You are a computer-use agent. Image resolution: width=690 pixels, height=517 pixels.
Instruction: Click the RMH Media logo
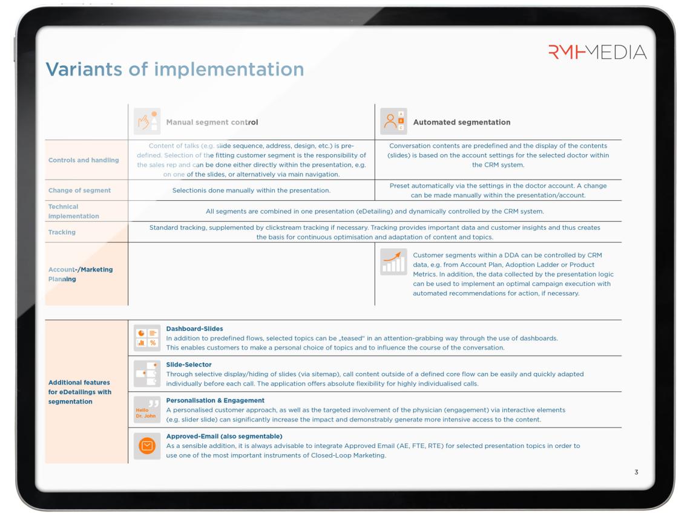(597, 53)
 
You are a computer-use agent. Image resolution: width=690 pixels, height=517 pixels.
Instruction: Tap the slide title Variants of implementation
(175, 69)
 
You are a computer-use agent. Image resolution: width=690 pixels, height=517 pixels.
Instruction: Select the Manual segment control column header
(212, 122)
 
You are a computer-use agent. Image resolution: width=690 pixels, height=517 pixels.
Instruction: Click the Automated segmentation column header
(461, 122)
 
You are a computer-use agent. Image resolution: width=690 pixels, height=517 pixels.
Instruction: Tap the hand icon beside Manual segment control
(147, 122)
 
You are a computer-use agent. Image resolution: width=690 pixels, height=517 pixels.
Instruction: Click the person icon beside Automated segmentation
(393, 122)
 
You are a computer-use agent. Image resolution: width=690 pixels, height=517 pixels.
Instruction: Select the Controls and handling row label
(84, 160)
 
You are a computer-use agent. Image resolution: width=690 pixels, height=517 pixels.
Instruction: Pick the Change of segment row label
(79, 190)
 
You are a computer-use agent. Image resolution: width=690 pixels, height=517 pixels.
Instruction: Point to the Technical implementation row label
(73, 211)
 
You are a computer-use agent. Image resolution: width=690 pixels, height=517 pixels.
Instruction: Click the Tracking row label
(63, 232)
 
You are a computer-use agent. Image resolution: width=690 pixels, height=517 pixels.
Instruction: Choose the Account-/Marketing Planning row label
(80, 275)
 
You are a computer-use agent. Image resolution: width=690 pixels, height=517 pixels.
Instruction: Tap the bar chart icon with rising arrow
(393, 262)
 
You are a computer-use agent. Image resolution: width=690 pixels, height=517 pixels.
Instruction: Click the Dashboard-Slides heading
(194, 329)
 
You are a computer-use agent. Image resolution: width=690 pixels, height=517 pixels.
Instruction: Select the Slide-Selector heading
(189, 365)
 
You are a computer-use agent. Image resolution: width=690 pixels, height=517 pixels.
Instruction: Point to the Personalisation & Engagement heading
(215, 400)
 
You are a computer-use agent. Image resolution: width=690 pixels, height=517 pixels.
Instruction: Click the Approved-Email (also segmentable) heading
(224, 436)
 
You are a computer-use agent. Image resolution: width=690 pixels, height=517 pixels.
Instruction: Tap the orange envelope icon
(147, 446)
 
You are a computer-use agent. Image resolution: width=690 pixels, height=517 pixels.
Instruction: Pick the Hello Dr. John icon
(147, 410)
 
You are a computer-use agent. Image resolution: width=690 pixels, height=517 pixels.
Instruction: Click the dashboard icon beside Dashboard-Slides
(147, 338)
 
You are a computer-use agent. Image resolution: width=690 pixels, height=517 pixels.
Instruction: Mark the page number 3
(636, 472)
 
